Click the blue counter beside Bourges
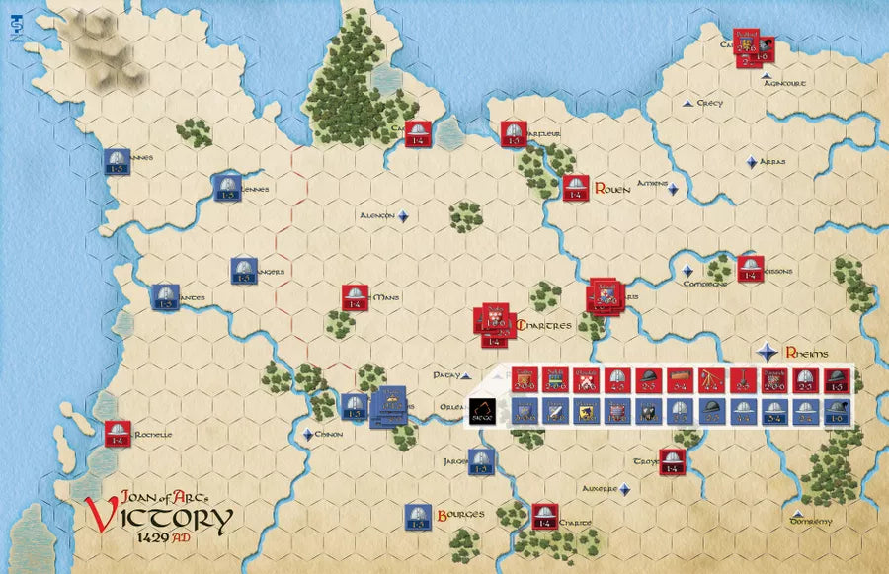(x=418, y=515)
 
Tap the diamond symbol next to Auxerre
(x=623, y=487)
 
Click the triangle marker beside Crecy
(x=688, y=103)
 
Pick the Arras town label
(x=772, y=162)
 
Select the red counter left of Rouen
(x=576, y=187)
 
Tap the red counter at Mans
(x=355, y=297)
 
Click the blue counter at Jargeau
(x=481, y=459)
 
